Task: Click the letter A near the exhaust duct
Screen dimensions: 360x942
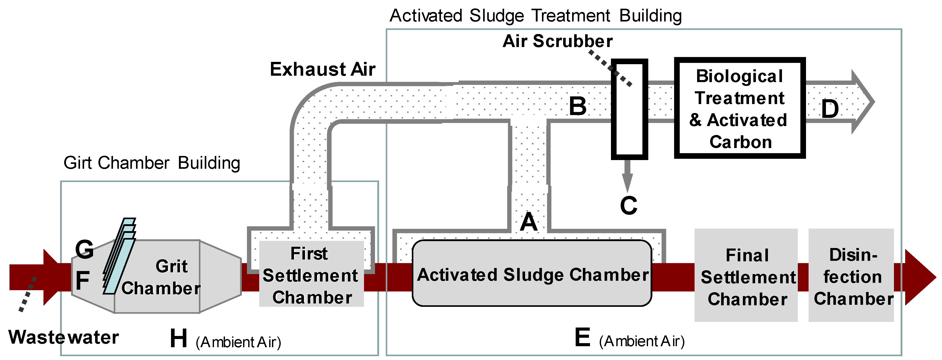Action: (x=529, y=222)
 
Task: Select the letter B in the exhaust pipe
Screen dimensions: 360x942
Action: (x=578, y=106)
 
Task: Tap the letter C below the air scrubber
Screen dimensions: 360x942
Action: (x=629, y=205)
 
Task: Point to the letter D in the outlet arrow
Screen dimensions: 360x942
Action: (x=830, y=109)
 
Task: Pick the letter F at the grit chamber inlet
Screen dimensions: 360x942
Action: (x=83, y=280)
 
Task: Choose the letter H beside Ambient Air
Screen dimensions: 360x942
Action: (x=178, y=339)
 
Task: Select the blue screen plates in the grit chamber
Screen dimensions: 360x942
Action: (x=119, y=256)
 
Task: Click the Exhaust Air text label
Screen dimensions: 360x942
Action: (x=323, y=69)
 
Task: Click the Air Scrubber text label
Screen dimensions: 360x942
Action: (x=557, y=41)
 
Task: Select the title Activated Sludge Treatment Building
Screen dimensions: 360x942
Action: (x=535, y=16)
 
